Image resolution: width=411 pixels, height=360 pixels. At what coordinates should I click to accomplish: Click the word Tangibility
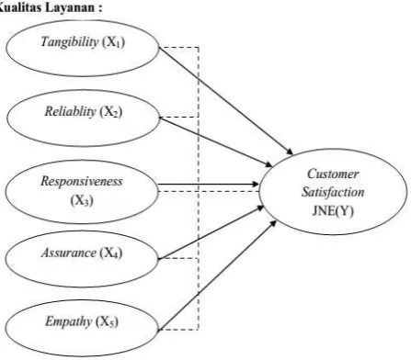(70, 42)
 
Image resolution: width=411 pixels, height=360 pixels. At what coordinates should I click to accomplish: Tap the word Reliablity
(71, 111)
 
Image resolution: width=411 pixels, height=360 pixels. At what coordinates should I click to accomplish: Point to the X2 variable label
(111, 112)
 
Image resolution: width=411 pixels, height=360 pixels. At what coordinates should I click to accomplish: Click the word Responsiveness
(82, 181)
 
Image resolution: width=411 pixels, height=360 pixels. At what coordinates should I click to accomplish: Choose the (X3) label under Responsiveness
(82, 201)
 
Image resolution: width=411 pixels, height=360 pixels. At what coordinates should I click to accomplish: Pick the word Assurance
(69, 253)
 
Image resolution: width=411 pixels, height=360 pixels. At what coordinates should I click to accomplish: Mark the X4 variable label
(111, 253)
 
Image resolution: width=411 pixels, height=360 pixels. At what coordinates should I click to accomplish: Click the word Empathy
(69, 322)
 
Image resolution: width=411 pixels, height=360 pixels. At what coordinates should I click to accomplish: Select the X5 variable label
(107, 322)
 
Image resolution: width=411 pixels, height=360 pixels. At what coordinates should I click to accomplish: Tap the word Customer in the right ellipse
(333, 174)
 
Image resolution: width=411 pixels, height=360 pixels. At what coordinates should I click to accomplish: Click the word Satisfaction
(333, 192)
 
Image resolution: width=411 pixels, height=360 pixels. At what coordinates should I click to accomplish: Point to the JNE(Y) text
(333, 211)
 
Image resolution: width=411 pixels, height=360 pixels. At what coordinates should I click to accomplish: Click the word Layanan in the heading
(70, 7)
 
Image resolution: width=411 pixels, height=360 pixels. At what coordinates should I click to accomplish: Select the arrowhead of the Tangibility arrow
(290, 152)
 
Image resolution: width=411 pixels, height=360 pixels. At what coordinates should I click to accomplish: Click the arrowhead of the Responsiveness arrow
(256, 184)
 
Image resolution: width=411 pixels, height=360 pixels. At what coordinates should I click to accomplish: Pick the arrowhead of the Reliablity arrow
(268, 164)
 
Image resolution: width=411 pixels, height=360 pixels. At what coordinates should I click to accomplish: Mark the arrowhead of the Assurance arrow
(260, 208)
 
